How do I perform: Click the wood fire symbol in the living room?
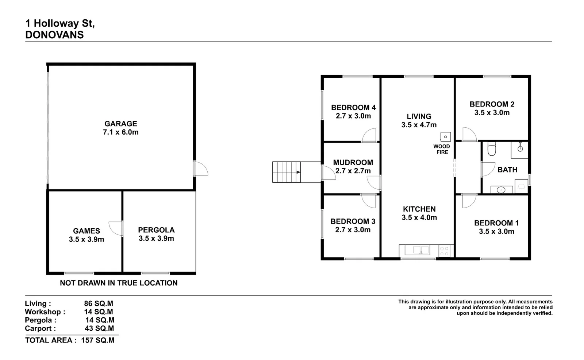tap(445, 137)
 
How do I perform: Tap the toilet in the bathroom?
tap(492, 148)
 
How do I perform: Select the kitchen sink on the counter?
tap(417, 250)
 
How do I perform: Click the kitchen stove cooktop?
tap(444, 251)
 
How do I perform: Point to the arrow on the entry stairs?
tap(298, 172)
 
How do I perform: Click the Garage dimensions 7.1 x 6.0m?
tap(121, 132)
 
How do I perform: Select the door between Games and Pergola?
tap(116, 229)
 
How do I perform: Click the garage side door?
tap(200, 169)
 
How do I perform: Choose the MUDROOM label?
tap(353, 162)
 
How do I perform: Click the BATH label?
tap(507, 170)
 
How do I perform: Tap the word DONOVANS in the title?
tap(54, 35)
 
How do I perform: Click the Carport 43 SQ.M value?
tap(99, 328)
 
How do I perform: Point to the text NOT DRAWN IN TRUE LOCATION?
tap(119, 283)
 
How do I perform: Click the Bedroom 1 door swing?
tap(469, 201)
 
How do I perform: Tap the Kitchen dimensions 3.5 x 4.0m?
tap(419, 218)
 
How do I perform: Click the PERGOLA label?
tap(156, 230)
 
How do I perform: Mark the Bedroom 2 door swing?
tap(469, 135)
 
